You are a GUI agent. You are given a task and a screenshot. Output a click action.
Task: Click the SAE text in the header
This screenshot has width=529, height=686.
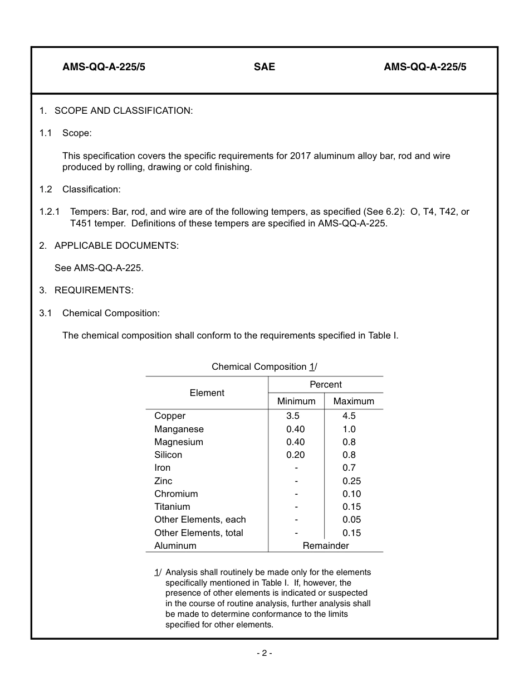point(264,67)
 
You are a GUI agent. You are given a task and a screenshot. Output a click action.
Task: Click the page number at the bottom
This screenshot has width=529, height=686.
point(264,653)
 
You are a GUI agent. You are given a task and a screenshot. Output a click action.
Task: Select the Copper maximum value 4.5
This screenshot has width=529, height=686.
point(349,416)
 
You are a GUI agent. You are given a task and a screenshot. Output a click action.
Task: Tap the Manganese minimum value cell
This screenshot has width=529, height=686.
point(296,429)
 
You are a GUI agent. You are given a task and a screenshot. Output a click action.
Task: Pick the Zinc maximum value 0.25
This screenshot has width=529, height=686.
point(351,481)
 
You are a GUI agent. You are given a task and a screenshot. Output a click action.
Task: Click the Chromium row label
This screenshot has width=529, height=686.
point(176,494)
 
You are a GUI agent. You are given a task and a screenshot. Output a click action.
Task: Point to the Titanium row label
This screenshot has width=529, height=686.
point(172,507)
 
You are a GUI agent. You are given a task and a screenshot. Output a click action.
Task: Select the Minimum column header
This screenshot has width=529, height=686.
point(296,402)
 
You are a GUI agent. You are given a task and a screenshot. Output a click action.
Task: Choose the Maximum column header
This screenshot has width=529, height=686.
point(354,402)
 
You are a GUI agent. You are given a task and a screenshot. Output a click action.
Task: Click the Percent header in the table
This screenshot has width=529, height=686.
point(326,385)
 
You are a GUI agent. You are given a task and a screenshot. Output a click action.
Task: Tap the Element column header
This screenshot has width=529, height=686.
point(207,393)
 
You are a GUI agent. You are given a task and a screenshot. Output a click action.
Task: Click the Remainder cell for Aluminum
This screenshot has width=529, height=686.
point(326,546)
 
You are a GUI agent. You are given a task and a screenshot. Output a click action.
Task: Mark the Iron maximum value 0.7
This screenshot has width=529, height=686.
point(349,468)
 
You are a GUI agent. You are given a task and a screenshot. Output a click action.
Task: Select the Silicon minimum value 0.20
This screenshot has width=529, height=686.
point(296,455)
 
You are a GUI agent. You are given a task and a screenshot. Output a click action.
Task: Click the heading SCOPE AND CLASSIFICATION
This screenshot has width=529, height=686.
point(124,110)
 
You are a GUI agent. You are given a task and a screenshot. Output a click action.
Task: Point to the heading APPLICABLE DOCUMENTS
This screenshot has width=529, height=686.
point(116,245)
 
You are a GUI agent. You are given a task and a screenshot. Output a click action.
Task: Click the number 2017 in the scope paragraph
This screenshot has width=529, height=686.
point(301,156)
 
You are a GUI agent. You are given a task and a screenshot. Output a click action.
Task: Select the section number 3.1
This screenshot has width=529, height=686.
point(45,313)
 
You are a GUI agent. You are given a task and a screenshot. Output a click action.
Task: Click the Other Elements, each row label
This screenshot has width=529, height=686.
point(200,520)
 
